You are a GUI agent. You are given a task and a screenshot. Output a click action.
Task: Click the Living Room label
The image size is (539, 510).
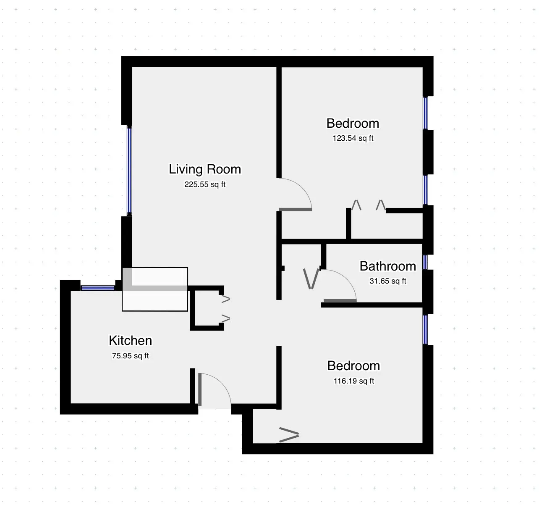205,169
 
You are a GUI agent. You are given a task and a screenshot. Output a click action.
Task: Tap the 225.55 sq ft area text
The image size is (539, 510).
205,184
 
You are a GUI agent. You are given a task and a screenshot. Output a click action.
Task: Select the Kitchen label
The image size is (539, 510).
130,340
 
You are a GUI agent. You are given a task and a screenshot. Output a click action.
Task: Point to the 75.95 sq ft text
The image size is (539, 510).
130,356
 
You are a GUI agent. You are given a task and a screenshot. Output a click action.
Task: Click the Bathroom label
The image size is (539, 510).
387,266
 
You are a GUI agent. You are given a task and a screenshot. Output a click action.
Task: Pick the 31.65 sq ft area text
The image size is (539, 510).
387,281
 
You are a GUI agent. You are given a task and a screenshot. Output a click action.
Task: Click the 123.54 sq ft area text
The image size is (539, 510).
353,138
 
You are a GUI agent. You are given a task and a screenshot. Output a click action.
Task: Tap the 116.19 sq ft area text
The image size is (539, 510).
353,381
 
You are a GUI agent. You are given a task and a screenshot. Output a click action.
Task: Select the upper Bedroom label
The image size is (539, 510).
353,124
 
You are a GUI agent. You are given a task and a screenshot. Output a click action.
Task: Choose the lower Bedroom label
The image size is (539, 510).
353,366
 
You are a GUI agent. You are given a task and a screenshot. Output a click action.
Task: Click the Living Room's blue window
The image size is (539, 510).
129,171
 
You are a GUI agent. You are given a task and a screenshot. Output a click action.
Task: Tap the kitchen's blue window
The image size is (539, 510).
97,288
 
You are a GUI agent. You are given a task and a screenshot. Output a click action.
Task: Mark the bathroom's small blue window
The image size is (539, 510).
425,262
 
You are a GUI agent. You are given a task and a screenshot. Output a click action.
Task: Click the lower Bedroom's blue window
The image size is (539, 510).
425,329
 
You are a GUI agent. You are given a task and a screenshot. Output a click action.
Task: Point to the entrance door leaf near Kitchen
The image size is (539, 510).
200,389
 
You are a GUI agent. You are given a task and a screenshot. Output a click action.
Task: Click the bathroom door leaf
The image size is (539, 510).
340,300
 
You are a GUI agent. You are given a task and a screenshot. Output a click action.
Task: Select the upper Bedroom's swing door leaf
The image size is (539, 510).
296,209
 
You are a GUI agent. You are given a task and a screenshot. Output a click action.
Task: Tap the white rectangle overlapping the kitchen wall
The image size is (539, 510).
155,289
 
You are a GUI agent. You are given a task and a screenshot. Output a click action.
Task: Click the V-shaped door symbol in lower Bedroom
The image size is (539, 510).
289,435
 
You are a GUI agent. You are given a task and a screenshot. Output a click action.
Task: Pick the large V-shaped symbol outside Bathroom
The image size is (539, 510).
311,279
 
